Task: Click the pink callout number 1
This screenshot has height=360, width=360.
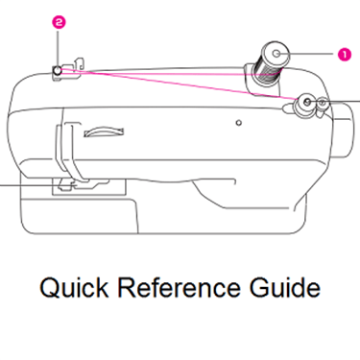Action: click(x=345, y=54)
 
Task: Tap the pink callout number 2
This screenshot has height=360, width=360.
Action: click(x=59, y=23)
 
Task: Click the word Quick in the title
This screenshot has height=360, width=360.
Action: click(x=74, y=287)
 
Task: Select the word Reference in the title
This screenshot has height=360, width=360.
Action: click(x=180, y=287)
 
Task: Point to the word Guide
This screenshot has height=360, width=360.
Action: click(x=285, y=287)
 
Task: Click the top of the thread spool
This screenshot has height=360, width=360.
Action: click(x=276, y=54)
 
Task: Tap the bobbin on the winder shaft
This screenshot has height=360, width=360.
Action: click(x=306, y=103)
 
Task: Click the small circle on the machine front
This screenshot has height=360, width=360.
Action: click(x=238, y=123)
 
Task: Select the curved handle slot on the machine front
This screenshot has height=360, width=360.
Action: click(x=104, y=132)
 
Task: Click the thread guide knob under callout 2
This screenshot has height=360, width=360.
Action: click(x=58, y=71)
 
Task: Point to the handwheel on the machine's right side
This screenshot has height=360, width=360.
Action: click(x=344, y=131)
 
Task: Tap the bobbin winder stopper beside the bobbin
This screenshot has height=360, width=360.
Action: click(x=323, y=106)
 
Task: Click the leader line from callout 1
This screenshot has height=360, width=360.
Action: click(x=305, y=54)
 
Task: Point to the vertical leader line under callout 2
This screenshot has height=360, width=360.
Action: click(x=58, y=48)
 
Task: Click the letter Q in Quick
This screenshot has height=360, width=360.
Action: click(x=49, y=288)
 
